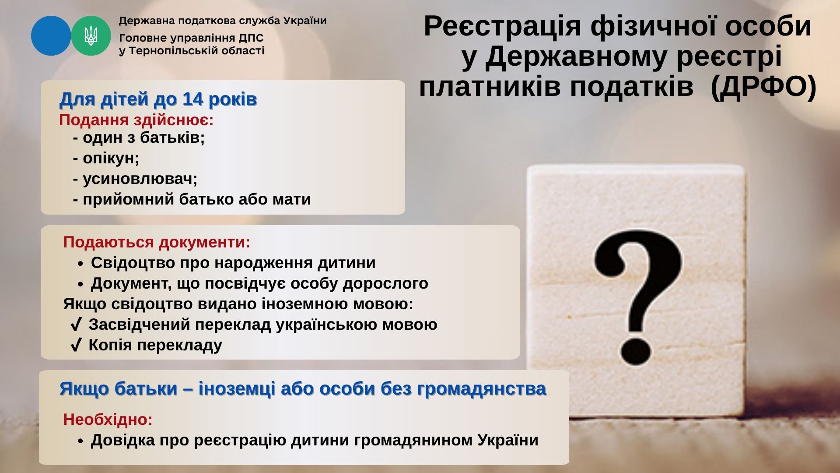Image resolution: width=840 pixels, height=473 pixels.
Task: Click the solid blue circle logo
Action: [51, 36]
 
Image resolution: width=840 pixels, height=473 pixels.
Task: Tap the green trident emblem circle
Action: [91, 36]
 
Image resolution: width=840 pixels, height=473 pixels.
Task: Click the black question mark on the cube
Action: [638, 297]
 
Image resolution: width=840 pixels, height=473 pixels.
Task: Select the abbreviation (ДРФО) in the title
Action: [763, 86]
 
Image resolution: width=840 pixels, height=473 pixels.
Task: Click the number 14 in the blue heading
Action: [193, 99]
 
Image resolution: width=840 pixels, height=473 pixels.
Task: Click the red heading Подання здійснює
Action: [136, 120]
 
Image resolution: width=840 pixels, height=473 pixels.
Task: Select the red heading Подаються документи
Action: [157, 242]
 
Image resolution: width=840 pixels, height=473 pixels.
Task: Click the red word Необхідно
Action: [108, 419]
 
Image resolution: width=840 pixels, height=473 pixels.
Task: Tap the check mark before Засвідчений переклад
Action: [76, 325]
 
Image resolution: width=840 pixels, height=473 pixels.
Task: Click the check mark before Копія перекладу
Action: [76, 345]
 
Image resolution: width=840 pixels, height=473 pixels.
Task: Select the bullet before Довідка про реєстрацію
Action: [80, 441]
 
